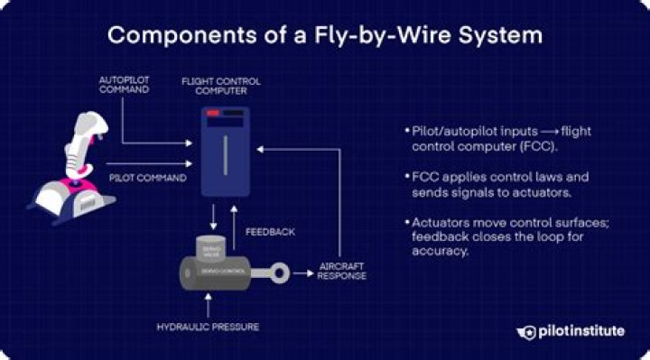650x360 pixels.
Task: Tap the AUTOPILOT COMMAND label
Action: (124, 86)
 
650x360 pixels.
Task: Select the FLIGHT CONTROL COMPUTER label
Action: (222, 86)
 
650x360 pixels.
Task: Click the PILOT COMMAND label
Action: (147, 178)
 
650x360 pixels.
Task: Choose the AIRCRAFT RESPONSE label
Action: (341, 271)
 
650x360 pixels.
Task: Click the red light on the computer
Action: (213, 114)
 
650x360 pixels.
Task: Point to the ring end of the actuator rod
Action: (282, 269)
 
